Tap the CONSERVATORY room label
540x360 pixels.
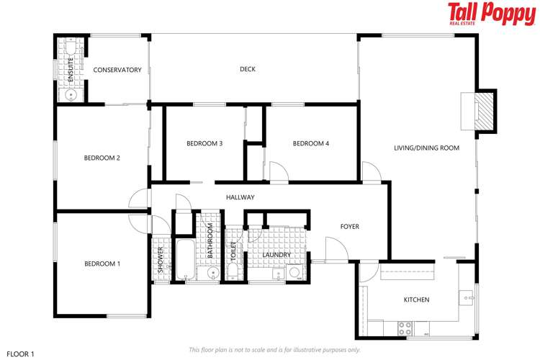click(117, 70)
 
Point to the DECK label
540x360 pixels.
click(248, 70)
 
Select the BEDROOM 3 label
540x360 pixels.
click(204, 144)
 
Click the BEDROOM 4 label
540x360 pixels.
click(311, 144)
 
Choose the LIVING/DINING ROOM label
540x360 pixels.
click(426, 148)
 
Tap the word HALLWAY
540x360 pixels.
click(240, 197)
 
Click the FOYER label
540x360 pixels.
click(350, 227)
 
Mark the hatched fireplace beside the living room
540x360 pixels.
click(487, 112)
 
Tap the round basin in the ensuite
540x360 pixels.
click(71, 94)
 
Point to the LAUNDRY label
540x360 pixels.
click(276, 255)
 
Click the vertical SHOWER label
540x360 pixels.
click(161, 257)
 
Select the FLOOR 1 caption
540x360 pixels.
click(20, 354)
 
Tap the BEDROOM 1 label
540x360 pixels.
click(102, 264)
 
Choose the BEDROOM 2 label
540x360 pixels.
click(102, 158)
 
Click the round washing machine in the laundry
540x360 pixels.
click(294, 272)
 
